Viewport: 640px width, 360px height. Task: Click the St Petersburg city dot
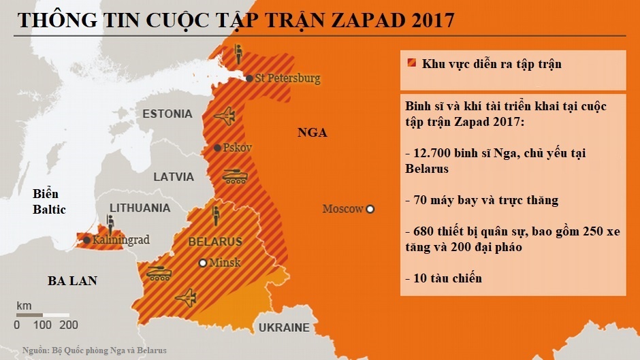(x=250, y=78)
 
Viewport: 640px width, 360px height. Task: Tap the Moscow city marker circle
(x=370, y=209)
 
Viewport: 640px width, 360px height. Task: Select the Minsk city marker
(x=202, y=263)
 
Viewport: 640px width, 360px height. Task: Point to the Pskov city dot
(x=217, y=148)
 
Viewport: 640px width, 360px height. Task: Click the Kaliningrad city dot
(x=86, y=240)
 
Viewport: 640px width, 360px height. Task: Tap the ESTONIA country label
(x=168, y=113)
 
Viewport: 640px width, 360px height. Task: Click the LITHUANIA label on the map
(x=140, y=208)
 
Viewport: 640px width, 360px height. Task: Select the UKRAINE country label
(x=283, y=328)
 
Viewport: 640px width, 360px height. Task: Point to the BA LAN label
(x=72, y=280)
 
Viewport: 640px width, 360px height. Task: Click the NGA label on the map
(x=312, y=133)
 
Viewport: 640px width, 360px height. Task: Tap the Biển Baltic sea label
(x=49, y=202)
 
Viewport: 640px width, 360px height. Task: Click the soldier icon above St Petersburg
(x=238, y=53)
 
